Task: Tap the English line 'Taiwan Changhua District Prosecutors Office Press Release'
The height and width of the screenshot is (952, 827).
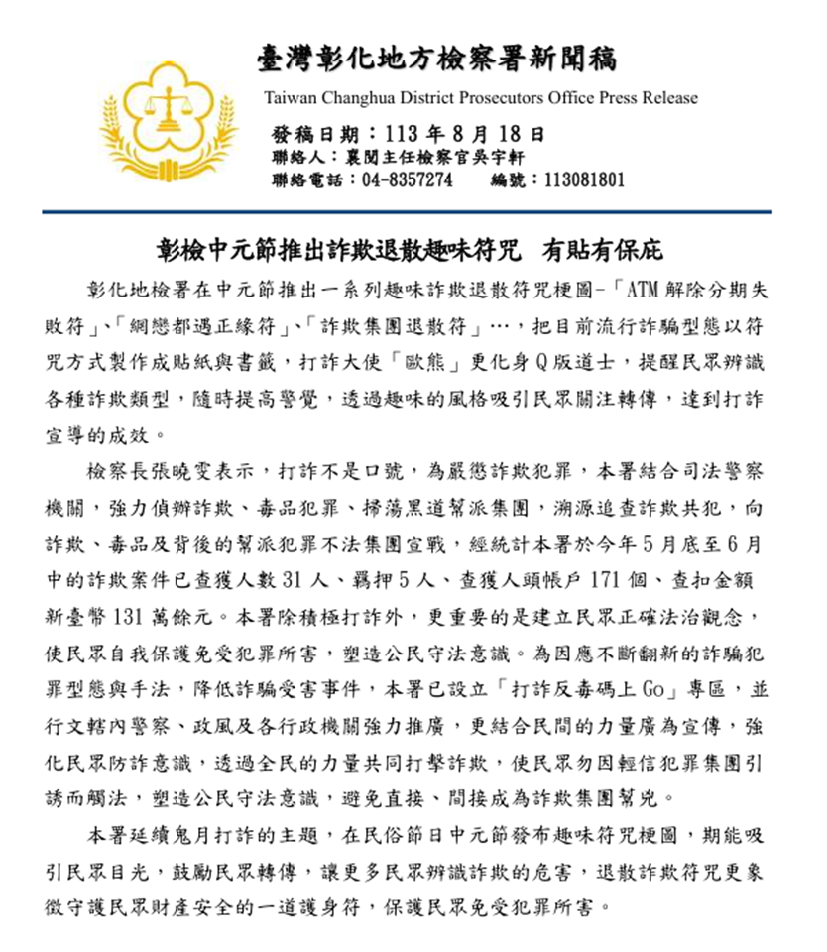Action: pos(481,98)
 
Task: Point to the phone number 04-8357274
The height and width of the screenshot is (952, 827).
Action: pos(408,180)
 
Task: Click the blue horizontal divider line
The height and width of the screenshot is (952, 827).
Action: pos(407,212)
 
